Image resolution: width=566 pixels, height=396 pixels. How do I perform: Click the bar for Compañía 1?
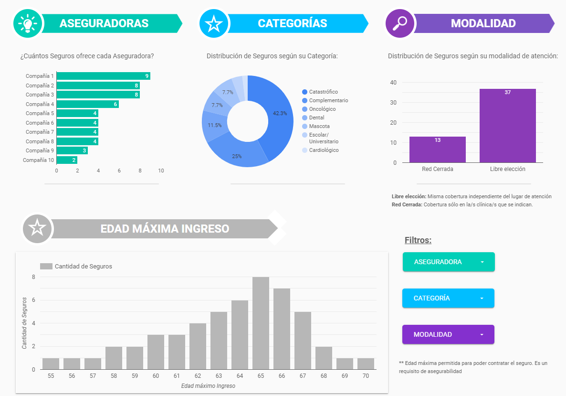103,76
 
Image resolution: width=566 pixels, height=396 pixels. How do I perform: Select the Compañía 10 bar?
67,160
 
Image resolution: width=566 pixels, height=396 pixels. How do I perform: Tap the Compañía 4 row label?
40,104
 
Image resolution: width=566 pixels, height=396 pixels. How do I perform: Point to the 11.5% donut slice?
214,125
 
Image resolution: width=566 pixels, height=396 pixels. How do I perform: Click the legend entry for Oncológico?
322,109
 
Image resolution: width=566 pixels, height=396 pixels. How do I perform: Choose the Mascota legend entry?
319,126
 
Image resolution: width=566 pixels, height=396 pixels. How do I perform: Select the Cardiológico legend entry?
324,150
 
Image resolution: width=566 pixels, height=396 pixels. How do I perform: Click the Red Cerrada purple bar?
437,150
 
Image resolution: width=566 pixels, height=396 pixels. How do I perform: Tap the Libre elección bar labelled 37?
507,126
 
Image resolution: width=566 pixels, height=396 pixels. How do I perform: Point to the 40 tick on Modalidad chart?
393,83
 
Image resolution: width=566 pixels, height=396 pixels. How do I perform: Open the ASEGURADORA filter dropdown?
449,262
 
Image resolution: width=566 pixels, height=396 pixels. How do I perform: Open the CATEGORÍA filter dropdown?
448,298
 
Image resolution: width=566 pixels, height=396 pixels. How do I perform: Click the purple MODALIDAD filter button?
448,334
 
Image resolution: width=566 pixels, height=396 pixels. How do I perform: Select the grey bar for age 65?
261,323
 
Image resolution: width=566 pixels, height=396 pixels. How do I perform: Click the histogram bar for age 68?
324,358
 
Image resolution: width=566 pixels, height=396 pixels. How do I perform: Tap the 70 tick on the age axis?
366,376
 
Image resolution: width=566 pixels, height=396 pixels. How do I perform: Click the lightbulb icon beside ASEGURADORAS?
28,23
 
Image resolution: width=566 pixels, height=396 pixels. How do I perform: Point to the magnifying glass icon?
399,23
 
